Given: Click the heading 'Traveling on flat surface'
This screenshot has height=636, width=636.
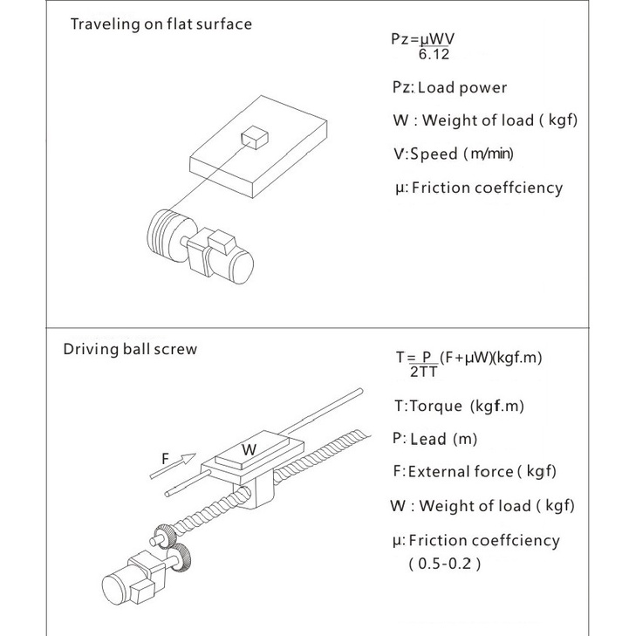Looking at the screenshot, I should [161, 24].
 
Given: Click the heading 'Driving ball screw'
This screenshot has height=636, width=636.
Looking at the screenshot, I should [130, 350].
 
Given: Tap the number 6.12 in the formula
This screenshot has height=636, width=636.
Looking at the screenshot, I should [435, 56].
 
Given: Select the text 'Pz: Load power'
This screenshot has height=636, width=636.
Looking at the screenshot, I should [448, 87].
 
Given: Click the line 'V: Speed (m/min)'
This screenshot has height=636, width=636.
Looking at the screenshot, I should [453, 154].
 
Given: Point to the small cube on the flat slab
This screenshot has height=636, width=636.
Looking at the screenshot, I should [255, 137].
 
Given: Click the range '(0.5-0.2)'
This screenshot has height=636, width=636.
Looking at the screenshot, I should [444, 563].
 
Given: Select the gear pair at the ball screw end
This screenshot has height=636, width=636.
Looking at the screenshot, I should [174, 544].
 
